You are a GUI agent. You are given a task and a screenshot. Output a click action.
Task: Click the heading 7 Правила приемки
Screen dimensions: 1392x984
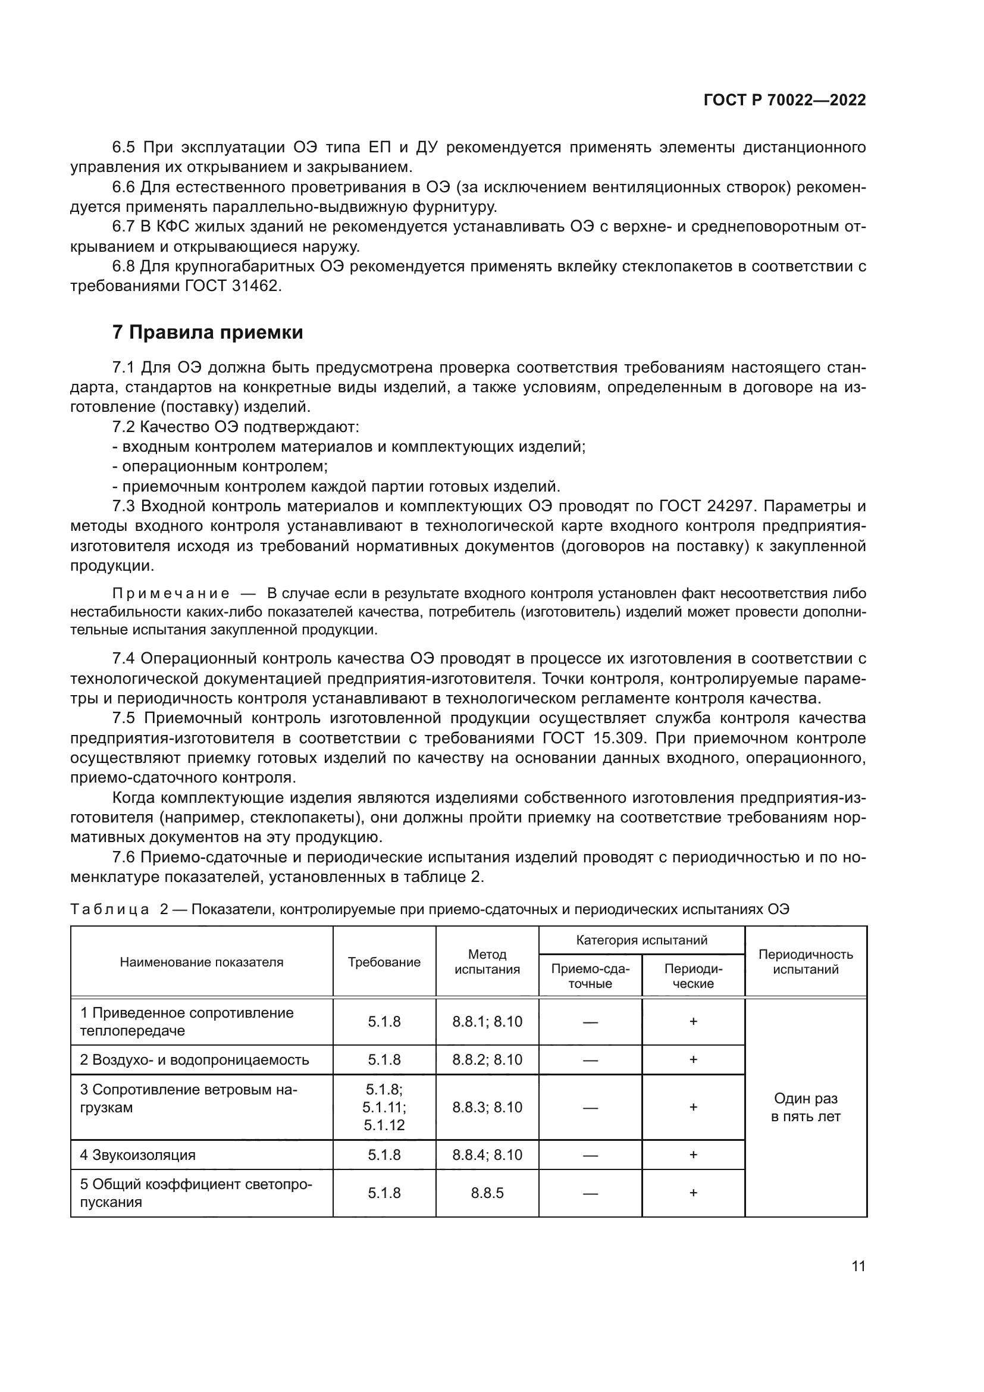[207, 332]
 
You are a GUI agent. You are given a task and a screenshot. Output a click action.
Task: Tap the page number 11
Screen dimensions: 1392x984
[858, 1266]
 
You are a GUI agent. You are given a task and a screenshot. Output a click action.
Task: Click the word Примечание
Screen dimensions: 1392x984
[171, 593]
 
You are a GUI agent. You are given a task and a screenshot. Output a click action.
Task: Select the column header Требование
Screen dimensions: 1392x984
[384, 962]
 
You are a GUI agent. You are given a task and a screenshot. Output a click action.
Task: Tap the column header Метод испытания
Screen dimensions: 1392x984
[487, 962]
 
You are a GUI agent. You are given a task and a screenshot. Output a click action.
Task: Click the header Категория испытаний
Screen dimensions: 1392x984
[641, 940]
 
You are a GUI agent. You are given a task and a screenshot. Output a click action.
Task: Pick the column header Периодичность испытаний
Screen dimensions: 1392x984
[806, 962]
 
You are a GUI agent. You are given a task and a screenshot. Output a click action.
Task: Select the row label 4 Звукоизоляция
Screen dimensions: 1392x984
[137, 1155]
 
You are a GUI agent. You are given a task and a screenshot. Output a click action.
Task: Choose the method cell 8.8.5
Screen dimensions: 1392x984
[487, 1193]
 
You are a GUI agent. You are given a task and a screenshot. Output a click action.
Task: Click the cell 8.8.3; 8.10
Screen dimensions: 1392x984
[487, 1107]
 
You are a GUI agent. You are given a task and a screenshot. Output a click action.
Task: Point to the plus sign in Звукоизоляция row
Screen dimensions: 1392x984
[693, 1155]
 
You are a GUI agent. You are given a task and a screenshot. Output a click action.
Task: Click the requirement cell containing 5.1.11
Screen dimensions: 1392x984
[384, 1107]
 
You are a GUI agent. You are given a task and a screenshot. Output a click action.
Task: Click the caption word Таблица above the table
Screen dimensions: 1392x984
[109, 909]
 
